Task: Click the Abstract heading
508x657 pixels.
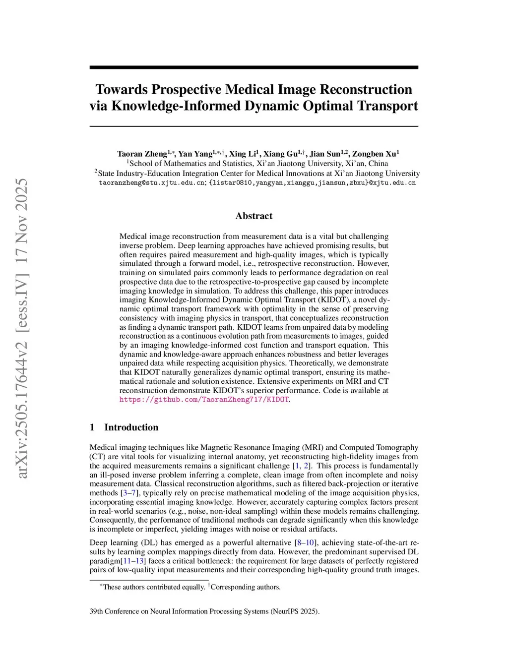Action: (254, 216)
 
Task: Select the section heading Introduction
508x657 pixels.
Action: (131, 427)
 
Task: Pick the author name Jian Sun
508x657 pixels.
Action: (325, 154)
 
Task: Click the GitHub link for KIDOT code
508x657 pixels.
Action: (204, 400)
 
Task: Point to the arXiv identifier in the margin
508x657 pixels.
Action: (22, 328)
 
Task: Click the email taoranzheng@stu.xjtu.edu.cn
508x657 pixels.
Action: (152, 182)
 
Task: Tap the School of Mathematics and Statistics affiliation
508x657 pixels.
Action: (257, 164)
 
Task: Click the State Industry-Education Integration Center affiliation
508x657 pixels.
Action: (257, 174)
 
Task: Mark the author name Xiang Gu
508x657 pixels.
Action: (280, 154)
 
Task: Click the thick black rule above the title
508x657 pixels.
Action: (254, 67)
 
